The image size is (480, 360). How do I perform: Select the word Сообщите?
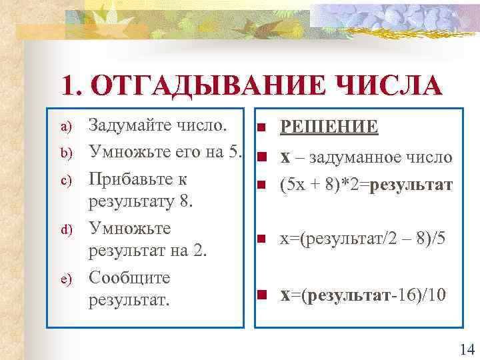pos(129,277)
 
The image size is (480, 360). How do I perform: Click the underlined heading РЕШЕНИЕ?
pos(329,127)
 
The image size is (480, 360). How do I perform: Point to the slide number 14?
pos(466,348)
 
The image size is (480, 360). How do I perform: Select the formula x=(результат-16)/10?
pos(362,294)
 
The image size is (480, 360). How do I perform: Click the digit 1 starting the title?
pos(67,86)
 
